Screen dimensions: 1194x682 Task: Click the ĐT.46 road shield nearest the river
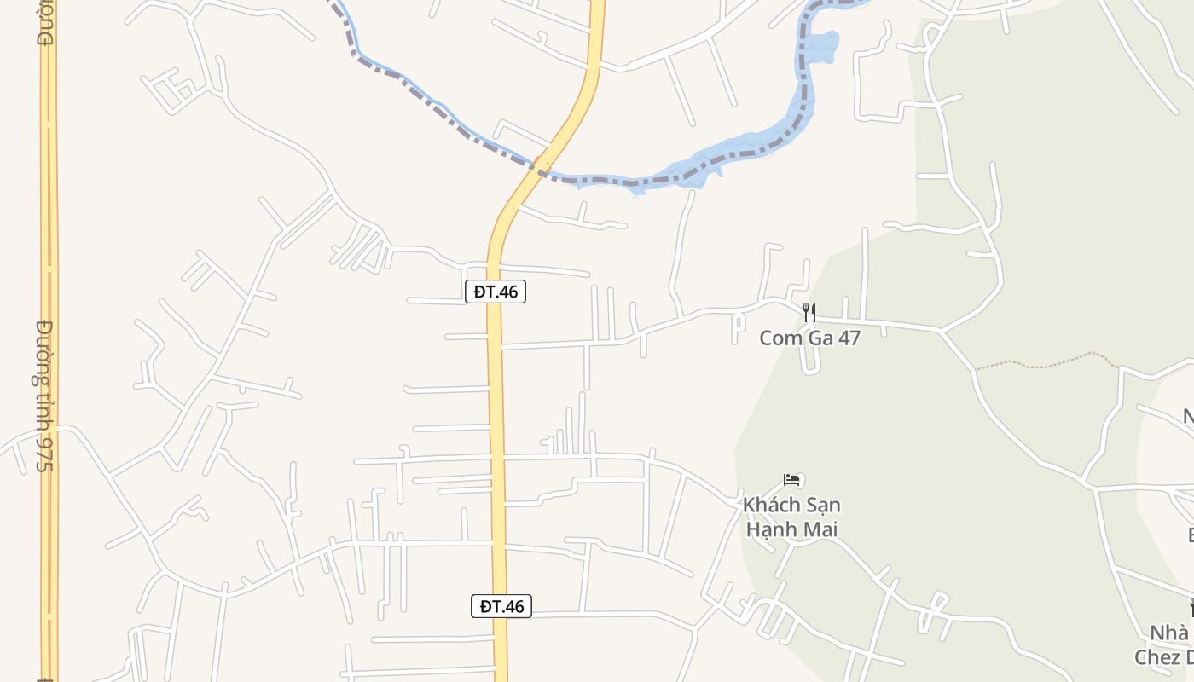(x=496, y=292)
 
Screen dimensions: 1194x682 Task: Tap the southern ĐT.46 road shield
(x=501, y=606)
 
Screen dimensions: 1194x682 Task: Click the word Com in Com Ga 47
(x=777, y=338)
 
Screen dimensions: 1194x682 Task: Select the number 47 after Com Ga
(x=849, y=338)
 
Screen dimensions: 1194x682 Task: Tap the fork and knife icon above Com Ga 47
(x=809, y=313)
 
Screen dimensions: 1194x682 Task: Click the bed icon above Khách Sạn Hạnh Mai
(x=791, y=480)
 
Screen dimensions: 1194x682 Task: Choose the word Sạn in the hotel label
(x=820, y=505)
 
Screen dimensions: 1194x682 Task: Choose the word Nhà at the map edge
(x=1170, y=633)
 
